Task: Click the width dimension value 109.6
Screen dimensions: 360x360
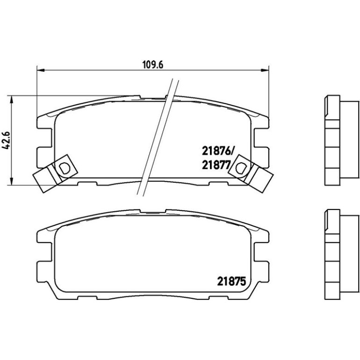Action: point(153,65)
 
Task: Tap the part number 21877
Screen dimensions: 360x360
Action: point(216,165)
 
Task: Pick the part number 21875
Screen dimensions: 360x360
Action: point(231,281)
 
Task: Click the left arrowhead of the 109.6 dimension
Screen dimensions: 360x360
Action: point(40,70)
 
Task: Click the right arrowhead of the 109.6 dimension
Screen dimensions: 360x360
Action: point(265,70)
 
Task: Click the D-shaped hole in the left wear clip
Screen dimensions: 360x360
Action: point(64,168)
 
